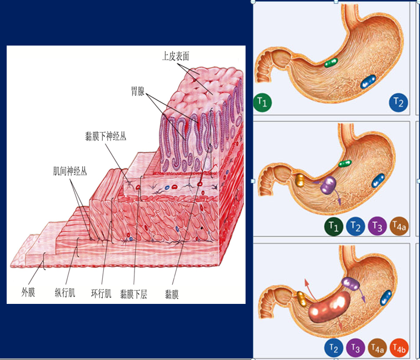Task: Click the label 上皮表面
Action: [176, 56]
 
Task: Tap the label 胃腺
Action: [137, 92]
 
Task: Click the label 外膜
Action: [28, 292]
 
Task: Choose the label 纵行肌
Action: [65, 293]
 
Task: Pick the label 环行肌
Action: [101, 293]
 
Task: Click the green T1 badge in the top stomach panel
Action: [263, 102]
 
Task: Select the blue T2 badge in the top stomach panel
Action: [398, 102]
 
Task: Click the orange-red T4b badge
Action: [399, 348]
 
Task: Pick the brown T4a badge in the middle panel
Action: [399, 226]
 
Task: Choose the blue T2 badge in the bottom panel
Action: [333, 348]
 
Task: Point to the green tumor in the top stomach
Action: [331, 62]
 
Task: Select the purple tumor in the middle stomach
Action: [329, 185]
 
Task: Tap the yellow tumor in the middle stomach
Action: [299, 179]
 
